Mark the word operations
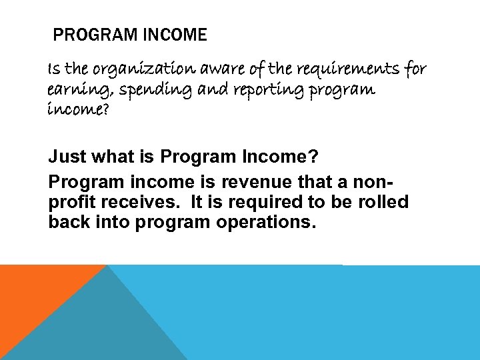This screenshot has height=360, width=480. pos(265,222)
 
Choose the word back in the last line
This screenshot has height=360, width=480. pos(69,222)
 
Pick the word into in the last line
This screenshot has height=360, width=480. pos(113,222)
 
